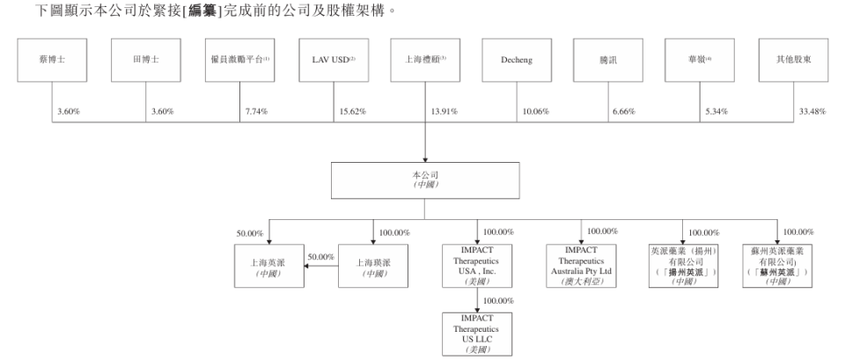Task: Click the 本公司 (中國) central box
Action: click(x=425, y=180)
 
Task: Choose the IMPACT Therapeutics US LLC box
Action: click(x=476, y=333)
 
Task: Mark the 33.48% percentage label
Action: click(x=809, y=112)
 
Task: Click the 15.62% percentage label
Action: click(x=350, y=112)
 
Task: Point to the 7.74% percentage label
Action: click(x=254, y=112)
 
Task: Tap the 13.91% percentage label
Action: click(x=444, y=112)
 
